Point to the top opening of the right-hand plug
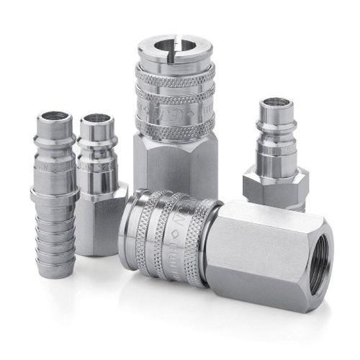pos(276,103)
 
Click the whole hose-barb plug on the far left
pos(55,194)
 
